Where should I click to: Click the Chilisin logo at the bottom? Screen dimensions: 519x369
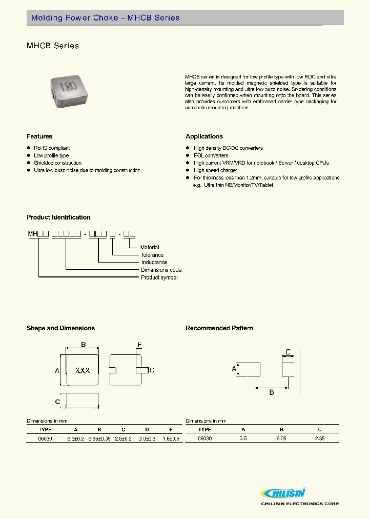(x=284, y=493)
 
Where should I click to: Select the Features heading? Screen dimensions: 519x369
(x=39, y=136)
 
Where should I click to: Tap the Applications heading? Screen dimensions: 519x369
(x=204, y=136)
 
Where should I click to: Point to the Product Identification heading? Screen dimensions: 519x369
(x=58, y=217)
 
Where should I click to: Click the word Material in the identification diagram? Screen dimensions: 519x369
(x=150, y=247)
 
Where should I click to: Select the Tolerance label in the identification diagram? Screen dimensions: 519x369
(x=152, y=255)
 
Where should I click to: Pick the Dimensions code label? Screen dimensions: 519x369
(x=161, y=270)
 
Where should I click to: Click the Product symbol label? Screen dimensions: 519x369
(x=159, y=277)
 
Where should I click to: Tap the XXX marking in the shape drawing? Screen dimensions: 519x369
(x=83, y=370)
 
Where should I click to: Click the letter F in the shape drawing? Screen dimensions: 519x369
(x=139, y=345)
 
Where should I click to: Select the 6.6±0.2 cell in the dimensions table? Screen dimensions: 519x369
(x=76, y=438)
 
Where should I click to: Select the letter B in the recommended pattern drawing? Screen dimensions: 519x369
(x=272, y=392)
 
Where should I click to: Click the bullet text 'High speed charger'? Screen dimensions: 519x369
(x=215, y=170)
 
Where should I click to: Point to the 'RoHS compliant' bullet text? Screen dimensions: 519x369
(x=52, y=148)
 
